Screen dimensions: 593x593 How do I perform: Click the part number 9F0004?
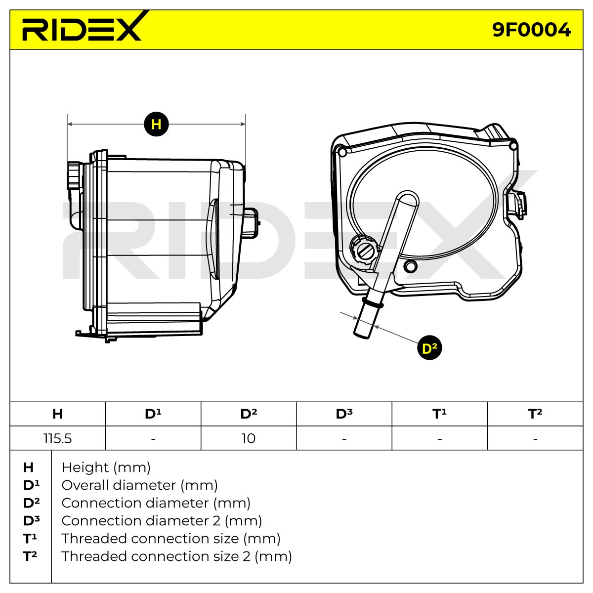click(x=531, y=30)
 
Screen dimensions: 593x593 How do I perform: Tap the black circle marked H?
click(x=156, y=124)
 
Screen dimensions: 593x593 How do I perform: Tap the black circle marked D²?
click(x=429, y=348)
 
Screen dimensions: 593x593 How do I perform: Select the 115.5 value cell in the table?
click(x=57, y=438)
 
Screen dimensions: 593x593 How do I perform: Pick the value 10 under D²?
click(x=249, y=438)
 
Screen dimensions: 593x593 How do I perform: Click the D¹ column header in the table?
click(x=153, y=414)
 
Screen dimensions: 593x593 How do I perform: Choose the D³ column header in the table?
click(x=344, y=414)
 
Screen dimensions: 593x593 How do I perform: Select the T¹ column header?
click(x=439, y=414)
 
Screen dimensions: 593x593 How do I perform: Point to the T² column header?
click(x=535, y=414)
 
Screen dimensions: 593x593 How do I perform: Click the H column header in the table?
click(x=57, y=414)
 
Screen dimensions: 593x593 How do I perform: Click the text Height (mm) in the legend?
click(x=106, y=468)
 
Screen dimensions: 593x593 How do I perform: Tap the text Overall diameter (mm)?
click(x=139, y=486)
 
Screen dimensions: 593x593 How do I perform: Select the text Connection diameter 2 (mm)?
click(x=162, y=521)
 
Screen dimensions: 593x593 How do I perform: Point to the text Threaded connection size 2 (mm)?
click(x=176, y=556)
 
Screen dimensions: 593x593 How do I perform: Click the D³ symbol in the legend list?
click(x=32, y=521)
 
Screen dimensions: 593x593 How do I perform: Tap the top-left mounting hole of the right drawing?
click(x=341, y=151)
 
